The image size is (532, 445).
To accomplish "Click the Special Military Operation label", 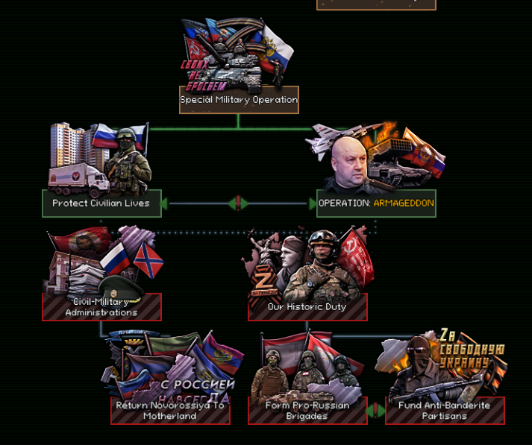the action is coord(239,100).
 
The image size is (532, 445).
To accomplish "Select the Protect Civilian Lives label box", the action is coord(101,203).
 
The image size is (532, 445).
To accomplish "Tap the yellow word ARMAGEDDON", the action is coord(404,203).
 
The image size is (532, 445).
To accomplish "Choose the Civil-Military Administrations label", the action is coord(101,307).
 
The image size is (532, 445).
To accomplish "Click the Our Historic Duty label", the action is coord(307,307).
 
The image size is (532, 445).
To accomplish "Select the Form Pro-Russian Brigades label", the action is coord(307,411).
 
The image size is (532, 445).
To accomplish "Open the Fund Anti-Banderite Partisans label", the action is coord(445,411).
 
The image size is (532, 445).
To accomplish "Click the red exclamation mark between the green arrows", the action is coord(238,203).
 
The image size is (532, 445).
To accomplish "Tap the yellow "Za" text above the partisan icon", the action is coord(448,335).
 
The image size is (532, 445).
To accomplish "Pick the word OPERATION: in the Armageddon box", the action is coord(344,203).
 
